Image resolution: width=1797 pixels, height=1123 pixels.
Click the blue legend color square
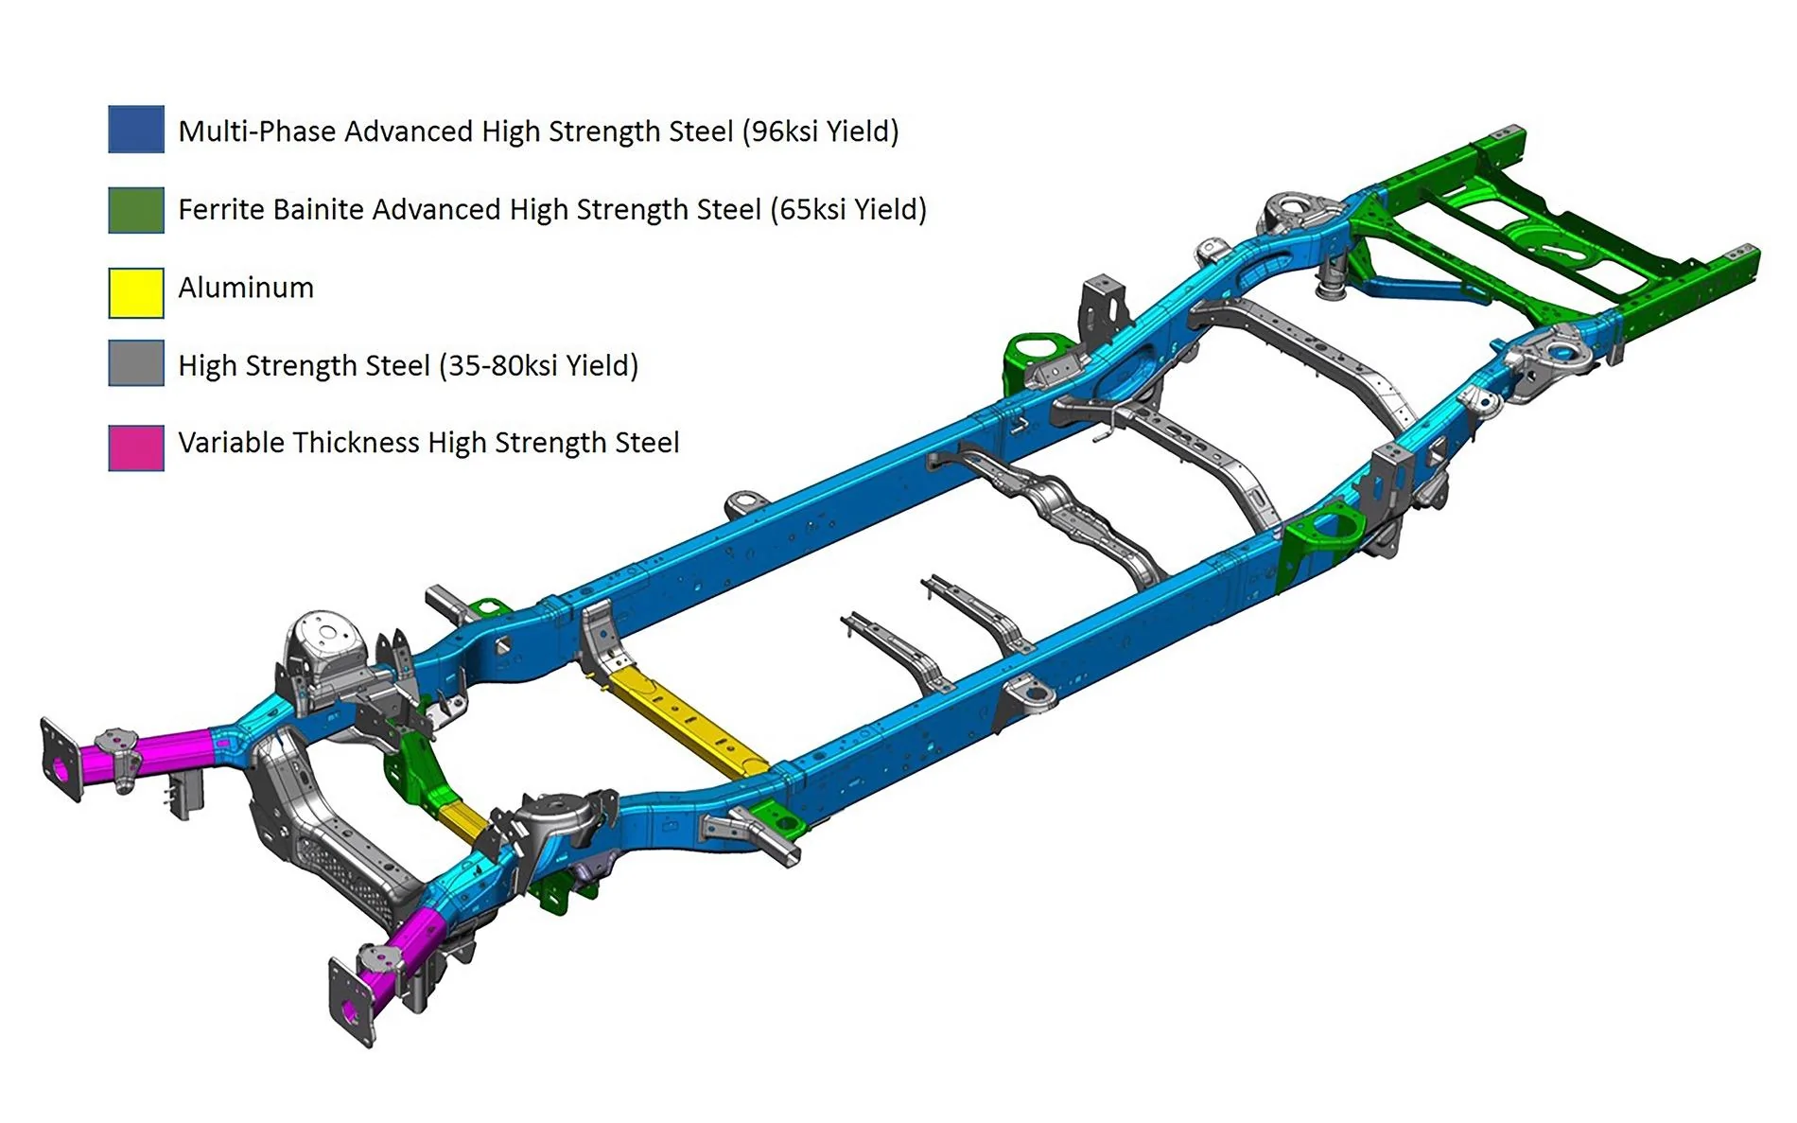point(136,130)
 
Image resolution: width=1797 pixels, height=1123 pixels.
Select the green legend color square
point(136,209)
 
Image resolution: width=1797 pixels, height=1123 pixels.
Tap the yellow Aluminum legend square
point(136,292)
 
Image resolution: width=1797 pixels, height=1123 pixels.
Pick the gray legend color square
point(136,363)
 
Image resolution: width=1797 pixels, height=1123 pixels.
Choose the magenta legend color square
point(136,447)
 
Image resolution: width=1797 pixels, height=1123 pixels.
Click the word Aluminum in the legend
point(246,288)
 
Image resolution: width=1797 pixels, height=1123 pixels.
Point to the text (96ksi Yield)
point(820,131)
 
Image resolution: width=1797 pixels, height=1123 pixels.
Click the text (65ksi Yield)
point(848,209)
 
